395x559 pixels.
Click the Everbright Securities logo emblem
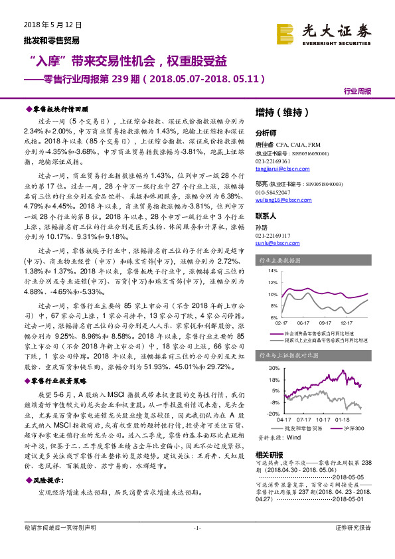coord(286,32)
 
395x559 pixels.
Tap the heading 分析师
coord(266,132)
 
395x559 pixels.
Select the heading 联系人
coord(266,216)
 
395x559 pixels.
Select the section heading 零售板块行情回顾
coord(60,108)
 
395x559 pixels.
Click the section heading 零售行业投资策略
coord(60,382)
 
